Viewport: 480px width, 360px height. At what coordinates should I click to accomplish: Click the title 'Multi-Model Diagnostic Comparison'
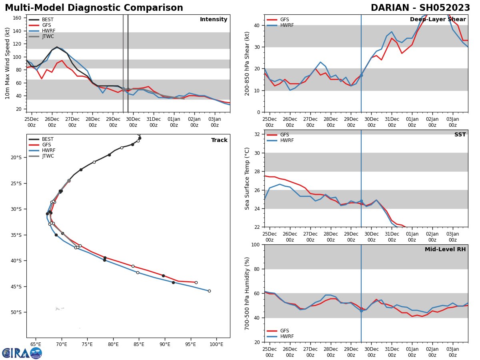[x=94, y=8]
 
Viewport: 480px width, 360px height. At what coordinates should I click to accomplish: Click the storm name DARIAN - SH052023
[x=420, y=8]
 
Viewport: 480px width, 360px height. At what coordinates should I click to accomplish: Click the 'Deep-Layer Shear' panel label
[x=438, y=20]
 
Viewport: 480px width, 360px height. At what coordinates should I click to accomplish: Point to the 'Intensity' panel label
[x=214, y=20]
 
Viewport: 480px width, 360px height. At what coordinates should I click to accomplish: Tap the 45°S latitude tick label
[x=16, y=286]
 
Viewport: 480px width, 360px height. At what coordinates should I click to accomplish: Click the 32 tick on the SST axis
[x=258, y=134]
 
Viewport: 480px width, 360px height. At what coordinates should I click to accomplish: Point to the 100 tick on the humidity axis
[x=255, y=244]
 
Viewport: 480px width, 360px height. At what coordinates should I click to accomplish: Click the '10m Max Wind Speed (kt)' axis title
[x=8, y=63]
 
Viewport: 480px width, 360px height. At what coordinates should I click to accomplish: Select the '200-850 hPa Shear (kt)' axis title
[x=247, y=63]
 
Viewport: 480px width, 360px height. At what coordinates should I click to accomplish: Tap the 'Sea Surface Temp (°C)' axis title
[x=247, y=178]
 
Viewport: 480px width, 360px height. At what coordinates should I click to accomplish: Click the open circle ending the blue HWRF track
[x=209, y=291]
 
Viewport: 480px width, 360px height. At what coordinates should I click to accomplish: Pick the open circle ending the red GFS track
[x=196, y=282]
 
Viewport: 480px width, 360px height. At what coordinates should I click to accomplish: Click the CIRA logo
[x=22, y=353]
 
